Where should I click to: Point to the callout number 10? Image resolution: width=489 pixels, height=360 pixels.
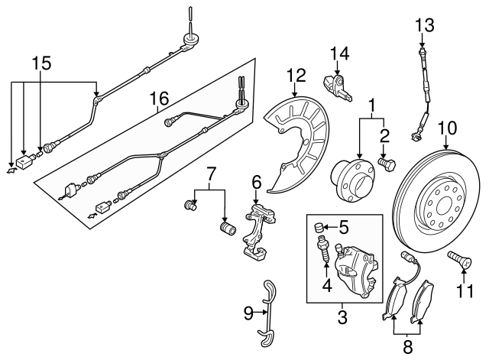click(x=448, y=126)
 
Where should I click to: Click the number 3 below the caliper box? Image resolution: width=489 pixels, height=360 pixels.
click(x=342, y=314)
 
